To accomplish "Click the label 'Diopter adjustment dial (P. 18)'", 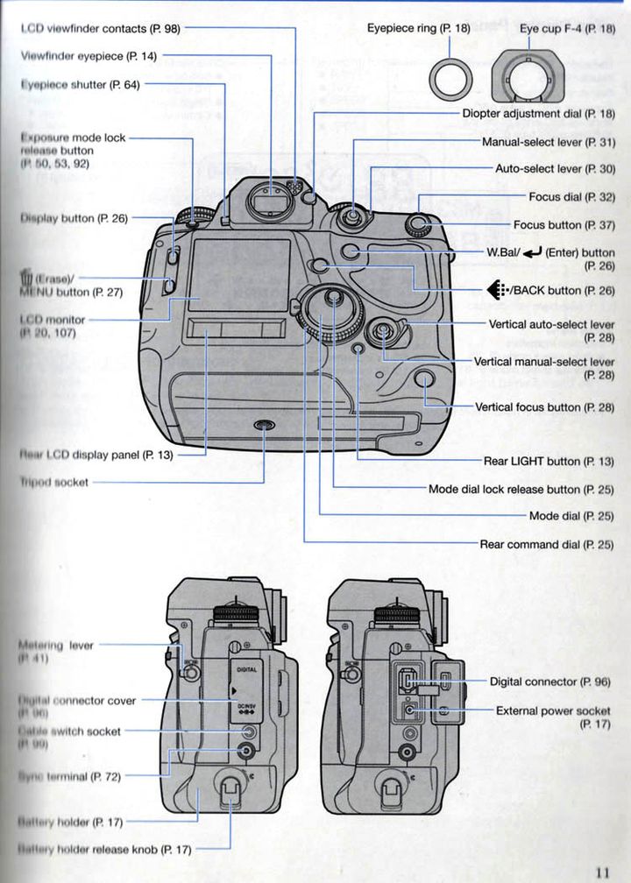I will pyautogui.click(x=538, y=114).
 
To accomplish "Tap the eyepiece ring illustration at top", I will pyautogui.click(x=451, y=77).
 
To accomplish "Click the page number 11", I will pyautogui.click(x=602, y=872).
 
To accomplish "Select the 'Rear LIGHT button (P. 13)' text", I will pyautogui.click(x=549, y=461).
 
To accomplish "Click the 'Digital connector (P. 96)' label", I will pyautogui.click(x=549, y=682).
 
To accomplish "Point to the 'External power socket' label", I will pyautogui.click(x=553, y=711).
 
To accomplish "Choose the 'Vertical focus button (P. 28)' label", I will pyautogui.click(x=544, y=407).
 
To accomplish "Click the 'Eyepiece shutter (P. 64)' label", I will pyautogui.click(x=80, y=85).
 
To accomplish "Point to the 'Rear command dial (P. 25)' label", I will pyautogui.click(x=547, y=545).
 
